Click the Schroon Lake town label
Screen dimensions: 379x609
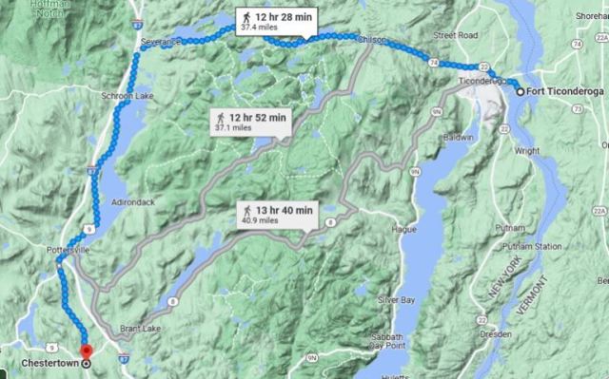[x=120, y=96]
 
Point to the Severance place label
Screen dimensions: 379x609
[x=159, y=43]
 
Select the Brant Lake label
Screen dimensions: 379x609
[x=141, y=330]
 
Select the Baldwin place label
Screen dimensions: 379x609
[x=458, y=137]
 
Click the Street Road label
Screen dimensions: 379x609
[x=455, y=35]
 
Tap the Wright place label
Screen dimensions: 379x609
[x=526, y=150]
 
